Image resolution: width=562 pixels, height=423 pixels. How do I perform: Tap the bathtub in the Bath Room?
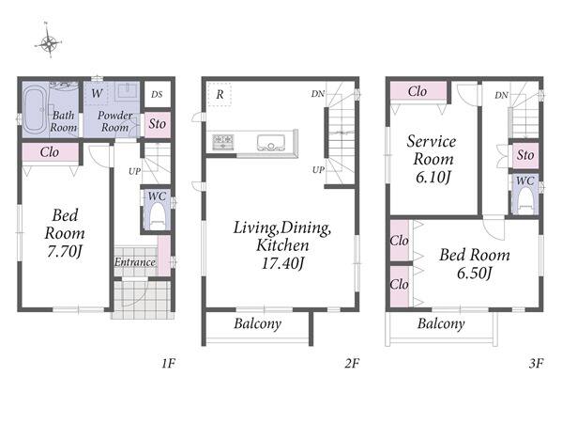(x=35, y=109)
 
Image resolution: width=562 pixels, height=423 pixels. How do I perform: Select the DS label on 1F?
(x=157, y=94)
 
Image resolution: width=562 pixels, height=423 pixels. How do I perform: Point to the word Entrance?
(x=135, y=262)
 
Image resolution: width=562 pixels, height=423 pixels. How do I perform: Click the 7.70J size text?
(x=65, y=251)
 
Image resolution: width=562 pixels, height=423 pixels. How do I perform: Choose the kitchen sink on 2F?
(x=271, y=143)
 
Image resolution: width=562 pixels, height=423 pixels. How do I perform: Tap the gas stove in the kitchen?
(x=223, y=142)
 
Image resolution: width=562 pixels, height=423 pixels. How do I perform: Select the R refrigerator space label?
(x=220, y=94)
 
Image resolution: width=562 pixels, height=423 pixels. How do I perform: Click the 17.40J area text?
(x=282, y=263)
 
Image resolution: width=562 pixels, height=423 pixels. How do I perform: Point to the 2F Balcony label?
(x=257, y=324)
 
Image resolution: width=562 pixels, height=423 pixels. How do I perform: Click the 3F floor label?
(x=536, y=364)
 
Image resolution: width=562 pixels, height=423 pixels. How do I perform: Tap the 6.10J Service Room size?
(x=433, y=177)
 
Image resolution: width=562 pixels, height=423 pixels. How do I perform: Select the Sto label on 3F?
(x=525, y=155)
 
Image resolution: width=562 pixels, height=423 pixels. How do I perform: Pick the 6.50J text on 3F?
(x=474, y=274)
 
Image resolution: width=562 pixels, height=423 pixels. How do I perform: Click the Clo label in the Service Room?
(x=418, y=91)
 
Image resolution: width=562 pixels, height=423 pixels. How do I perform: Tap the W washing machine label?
(x=97, y=94)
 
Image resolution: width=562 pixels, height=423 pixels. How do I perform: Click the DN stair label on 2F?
(x=317, y=94)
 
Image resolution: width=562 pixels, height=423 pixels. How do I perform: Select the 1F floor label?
(x=168, y=364)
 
